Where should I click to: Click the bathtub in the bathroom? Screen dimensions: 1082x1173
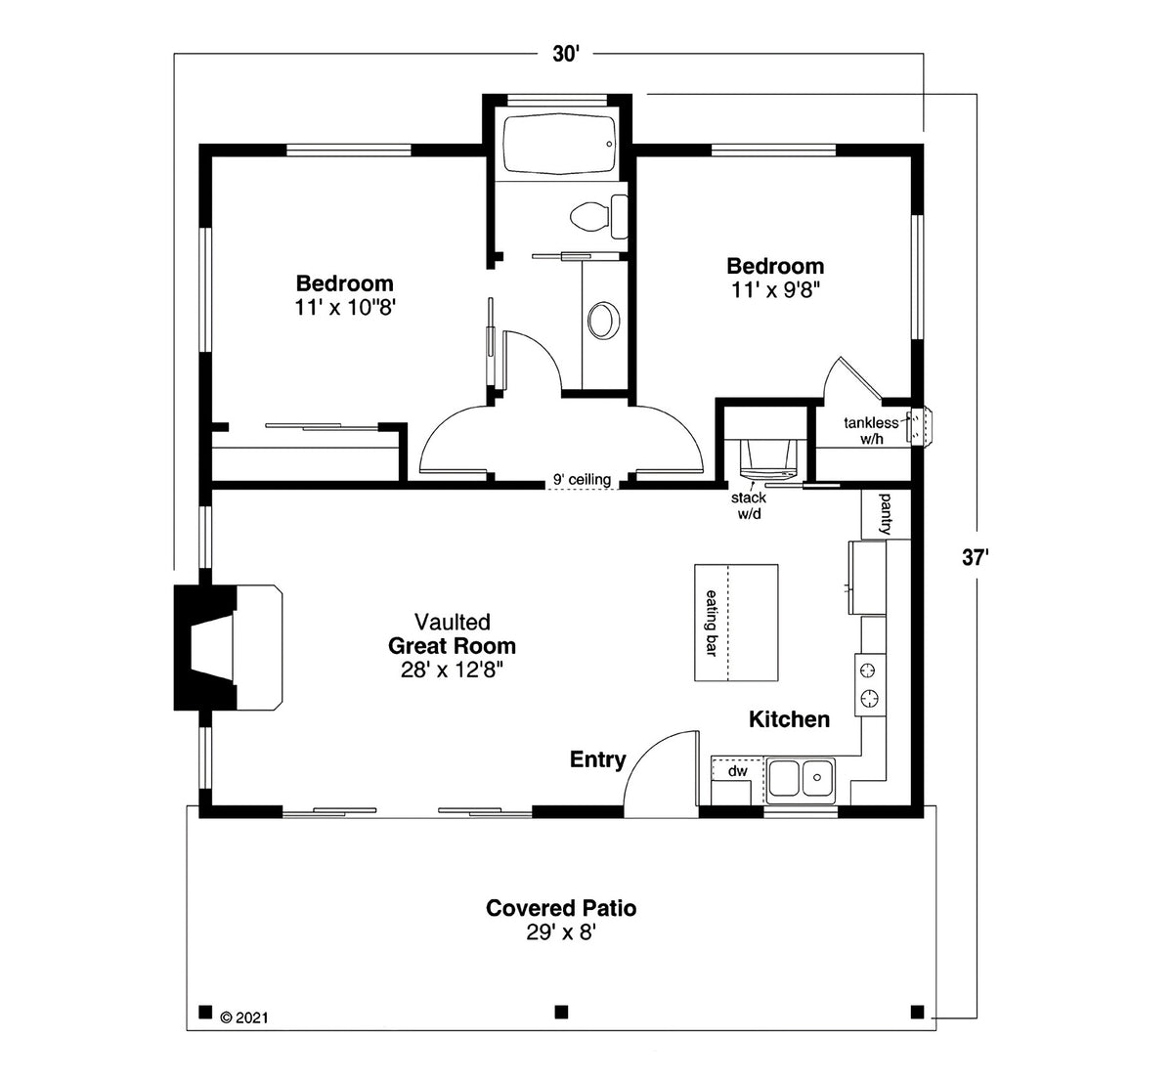pyautogui.click(x=559, y=147)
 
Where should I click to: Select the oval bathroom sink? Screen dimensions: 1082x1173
pyautogui.click(x=603, y=320)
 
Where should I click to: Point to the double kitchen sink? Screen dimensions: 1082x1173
pyautogui.click(x=801, y=779)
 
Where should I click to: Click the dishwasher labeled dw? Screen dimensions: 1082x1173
pyautogui.click(x=737, y=771)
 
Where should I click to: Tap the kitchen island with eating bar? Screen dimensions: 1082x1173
pyautogui.click(x=736, y=623)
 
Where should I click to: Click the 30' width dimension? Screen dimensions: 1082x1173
pyautogui.click(x=566, y=55)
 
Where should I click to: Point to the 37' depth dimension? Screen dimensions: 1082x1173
pyautogui.click(x=975, y=558)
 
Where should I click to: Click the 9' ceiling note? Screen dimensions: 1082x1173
pyautogui.click(x=582, y=480)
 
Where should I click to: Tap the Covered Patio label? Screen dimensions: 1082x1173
pyautogui.click(x=561, y=908)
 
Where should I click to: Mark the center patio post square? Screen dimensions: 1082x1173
pyautogui.click(x=561, y=1011)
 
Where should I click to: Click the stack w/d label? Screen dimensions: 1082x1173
pyautogui.click(x=749, y=505)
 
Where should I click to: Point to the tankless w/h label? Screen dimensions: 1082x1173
pyautogui.click(x=870, y=431)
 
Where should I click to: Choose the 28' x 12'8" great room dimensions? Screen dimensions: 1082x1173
pyautogui.click(x=452, y=670)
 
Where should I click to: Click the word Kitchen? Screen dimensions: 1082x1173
pyautogui.click(x=789, y=719)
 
